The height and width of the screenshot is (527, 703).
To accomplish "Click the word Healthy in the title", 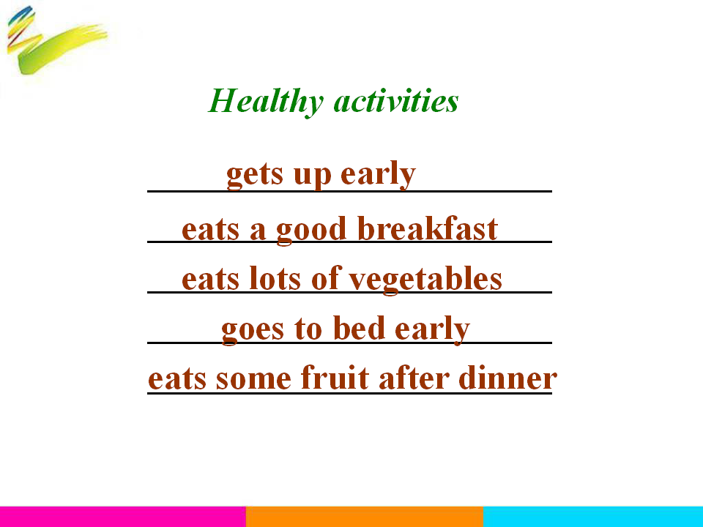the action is tap(266, 102).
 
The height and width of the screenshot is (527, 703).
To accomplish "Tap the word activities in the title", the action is tap(396, 100).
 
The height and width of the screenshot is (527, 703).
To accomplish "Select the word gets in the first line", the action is tap(255, 175).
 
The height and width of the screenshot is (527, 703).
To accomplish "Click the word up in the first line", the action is tap(313, 176).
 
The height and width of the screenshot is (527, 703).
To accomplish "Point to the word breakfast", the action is tap(428, 228).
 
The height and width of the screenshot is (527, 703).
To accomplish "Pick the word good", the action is tap(312, 231).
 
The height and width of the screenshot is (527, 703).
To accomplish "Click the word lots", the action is tap(275, 278).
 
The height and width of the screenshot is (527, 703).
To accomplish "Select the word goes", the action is tap(253, 331).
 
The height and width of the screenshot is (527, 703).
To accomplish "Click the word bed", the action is tap(359, 328).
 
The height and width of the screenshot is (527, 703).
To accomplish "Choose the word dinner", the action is tap(508, 378).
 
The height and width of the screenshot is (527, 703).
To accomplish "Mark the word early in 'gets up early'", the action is tap(378, 175).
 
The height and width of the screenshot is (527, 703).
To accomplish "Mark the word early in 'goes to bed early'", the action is tap(432, 330).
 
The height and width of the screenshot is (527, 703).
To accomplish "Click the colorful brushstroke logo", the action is tap(56, 40).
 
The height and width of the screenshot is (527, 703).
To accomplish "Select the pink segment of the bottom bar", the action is tap(123, 517).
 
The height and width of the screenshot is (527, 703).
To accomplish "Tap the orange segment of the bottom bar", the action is tap(365, 517).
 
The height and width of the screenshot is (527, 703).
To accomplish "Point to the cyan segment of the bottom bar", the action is tap(593, 517).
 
